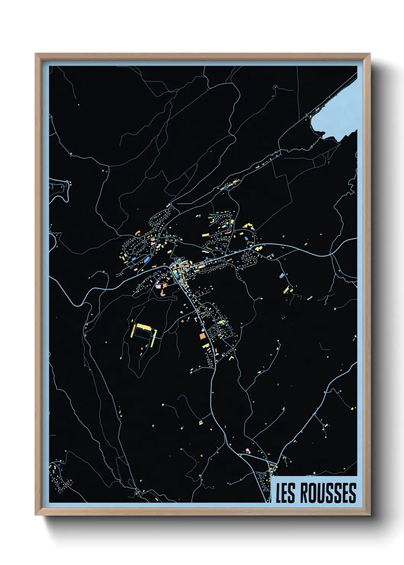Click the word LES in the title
point(285,493)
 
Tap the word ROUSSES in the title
point(328,493)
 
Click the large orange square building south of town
point(202,336)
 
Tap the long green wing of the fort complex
point(154,338)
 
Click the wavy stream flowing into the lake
point(313,143)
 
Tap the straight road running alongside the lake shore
point(336,92)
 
